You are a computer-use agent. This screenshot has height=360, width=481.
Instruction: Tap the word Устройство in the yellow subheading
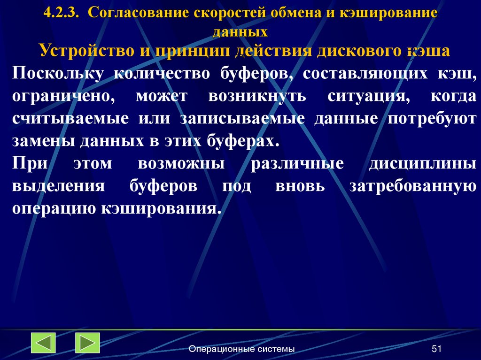pos(84,50)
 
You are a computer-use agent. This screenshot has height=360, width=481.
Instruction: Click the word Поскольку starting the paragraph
pos(57,74)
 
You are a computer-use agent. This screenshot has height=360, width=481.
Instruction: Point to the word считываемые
pos(70,119)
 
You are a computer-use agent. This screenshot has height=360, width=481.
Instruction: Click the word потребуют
pos(432,119)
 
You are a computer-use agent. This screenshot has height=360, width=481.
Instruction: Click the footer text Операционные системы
pos(242,349)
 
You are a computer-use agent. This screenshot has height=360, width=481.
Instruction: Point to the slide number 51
pos(437,349)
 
